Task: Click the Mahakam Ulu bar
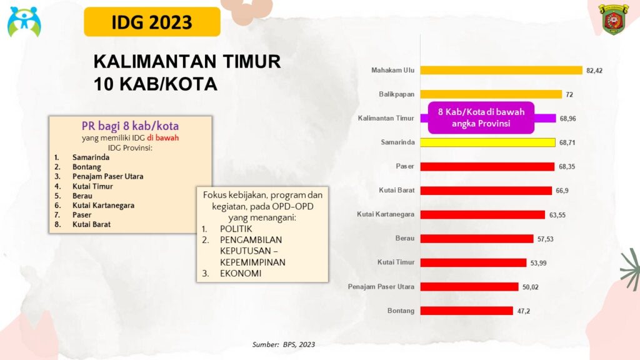click(501, 70)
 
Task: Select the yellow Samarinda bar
click(487, 142)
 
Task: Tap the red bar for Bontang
click(466, 311)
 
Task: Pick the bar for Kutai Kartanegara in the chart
click(482, 215)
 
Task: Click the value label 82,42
click(594, 71)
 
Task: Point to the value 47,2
click(524, 311)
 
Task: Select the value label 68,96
click(567, 118)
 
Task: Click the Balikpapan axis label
click(396, 94)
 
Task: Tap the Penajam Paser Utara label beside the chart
click(381, 286)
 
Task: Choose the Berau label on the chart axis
click(404, 238)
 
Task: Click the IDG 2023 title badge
click(152, 22)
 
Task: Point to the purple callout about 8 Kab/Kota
click(481, 117)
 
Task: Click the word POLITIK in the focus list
click(236, 229)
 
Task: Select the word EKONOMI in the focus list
click(241, 274)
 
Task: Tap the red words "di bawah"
click(163, 138)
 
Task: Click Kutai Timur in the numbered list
click(92, 186)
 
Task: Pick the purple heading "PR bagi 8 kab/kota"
click(130, 126)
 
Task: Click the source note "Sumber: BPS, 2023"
click(284, 344)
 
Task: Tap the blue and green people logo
click(24, 21)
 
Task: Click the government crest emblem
click(613, 19)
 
